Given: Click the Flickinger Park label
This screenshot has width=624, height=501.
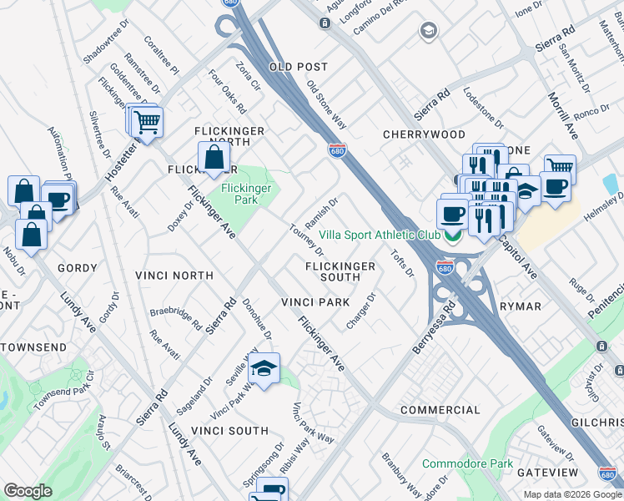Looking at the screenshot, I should pos(246,195).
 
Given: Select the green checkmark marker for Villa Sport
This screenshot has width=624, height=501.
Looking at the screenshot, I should pos(453,235).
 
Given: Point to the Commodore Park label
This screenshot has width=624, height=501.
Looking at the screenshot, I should pos(467,463).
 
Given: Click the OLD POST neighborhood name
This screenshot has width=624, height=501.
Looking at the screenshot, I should pos(298,67).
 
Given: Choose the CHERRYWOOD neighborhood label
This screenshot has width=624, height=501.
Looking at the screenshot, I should pos(424,134).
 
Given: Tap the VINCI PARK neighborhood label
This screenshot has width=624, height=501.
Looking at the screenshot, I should pos(315,301).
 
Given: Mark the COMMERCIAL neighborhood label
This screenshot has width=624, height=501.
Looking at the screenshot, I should pos(440,410).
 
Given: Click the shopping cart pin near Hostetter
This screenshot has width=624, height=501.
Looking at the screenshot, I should pos(147,123).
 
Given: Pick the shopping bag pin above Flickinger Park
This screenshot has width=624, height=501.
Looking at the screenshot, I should pos(214,156).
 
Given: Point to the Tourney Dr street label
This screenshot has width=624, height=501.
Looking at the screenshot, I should pos(306,240).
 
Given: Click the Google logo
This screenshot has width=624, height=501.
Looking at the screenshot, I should pos(28,491).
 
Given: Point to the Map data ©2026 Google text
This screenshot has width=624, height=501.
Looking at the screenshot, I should pos(571,494).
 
